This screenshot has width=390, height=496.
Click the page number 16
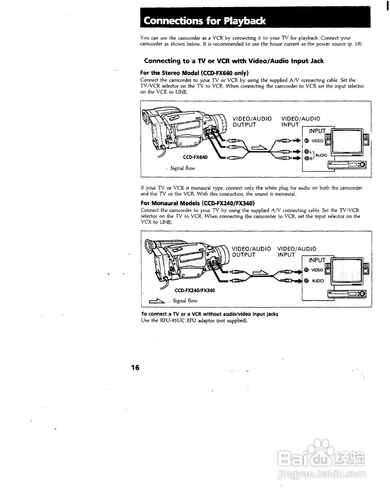(135, 367)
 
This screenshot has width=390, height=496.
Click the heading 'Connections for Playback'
(205, 21)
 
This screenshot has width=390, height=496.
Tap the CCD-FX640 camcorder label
(195, 157)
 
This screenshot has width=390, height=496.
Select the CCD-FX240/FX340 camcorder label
(195, 290)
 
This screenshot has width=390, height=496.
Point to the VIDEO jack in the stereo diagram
(306, 141)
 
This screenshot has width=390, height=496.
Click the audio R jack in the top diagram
(306, 158)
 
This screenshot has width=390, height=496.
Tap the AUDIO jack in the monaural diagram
(306, 281)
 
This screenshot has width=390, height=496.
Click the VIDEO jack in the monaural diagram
(306, 270)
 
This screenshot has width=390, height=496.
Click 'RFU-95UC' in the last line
(171, 320)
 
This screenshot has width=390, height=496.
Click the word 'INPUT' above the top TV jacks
(317, 131)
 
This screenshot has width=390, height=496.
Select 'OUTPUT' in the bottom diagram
(244, 255)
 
